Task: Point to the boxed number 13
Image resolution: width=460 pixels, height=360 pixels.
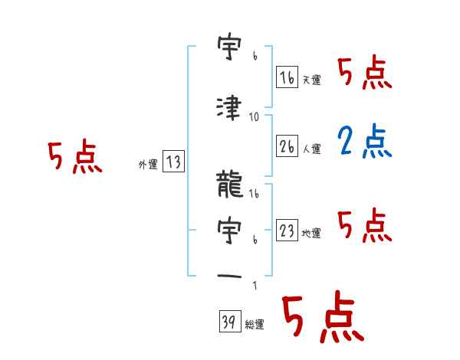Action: coord(173,162)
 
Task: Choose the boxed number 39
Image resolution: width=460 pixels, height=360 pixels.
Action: coord(228,322)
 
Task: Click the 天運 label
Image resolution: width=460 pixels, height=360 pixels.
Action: coord(311,80)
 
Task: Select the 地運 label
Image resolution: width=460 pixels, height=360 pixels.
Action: coord(311,234)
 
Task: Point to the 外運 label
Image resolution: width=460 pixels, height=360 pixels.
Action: coord(147,164)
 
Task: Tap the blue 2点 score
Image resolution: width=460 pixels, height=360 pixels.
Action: coord(364,141)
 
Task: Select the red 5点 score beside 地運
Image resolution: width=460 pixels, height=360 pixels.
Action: coord(364,224)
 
